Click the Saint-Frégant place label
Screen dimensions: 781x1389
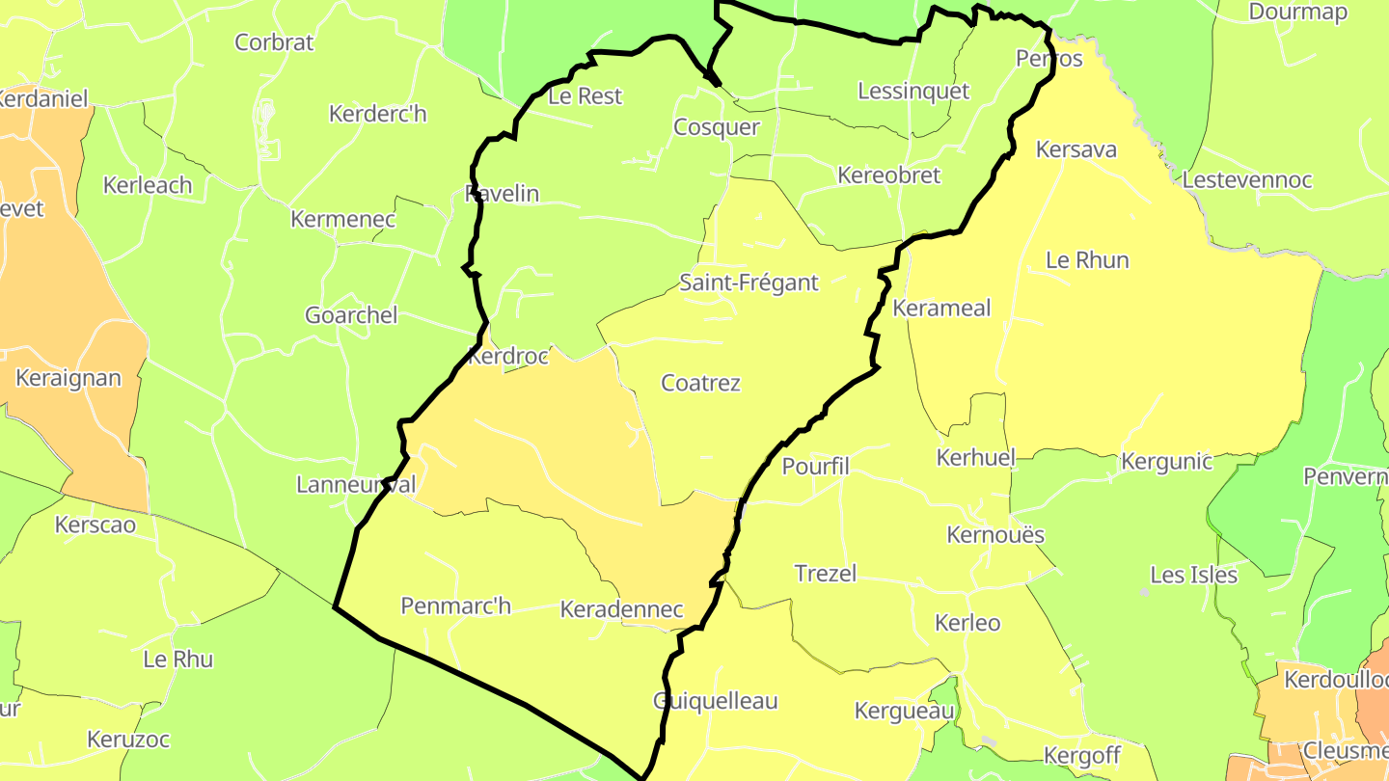pos(749,283)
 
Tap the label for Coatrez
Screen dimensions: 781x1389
pos(700,383)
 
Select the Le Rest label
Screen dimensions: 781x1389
pos(585,96)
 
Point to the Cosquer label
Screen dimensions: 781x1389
pos(716,127)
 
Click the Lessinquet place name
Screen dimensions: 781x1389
pos(913,91)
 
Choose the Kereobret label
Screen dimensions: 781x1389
pos(888,175)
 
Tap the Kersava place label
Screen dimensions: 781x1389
pos(1076,149)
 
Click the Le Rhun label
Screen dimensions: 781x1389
pos(1087,260)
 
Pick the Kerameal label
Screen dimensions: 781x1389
pos(941,309)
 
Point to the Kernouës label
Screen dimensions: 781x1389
pos(995,535)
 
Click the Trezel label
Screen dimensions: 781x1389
pos(825,574)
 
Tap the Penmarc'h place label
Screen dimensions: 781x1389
pos(455,606)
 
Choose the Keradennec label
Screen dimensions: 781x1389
pos(621,610)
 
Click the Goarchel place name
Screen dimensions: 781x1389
pos(351,315)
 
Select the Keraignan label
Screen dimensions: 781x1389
pos(68,378)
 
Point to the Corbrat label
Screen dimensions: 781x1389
pos(275,42)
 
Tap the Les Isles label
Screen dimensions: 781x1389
pos(1193,576)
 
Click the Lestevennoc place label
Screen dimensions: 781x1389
pos(1246,180)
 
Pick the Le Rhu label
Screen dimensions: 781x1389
pos(177,660)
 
